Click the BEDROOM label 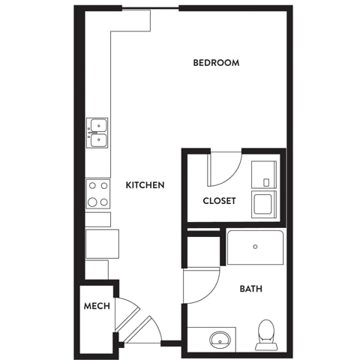pos(216,62)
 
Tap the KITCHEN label pos(145,185)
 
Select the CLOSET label pos(219,201)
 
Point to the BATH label pos(251,289)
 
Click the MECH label pos(97,306)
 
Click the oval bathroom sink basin pos(220,340)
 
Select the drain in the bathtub pos(255,247)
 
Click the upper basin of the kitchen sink pos(98,125)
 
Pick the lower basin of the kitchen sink pos(98,140)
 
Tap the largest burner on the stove pos(92,202)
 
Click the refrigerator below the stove pos(102,244)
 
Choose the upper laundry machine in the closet pos(264,175)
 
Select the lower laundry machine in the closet pos(264,204)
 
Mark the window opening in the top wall pos(151,10)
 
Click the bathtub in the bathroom pos(255,247)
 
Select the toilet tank pos(266,346)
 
